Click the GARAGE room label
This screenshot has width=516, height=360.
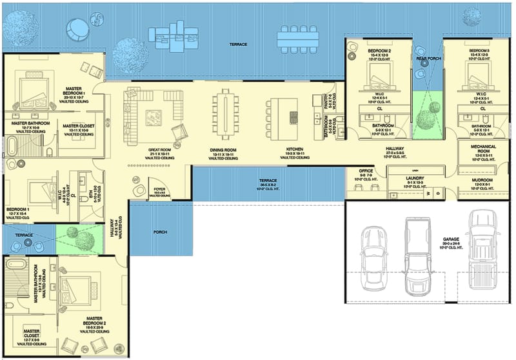(451, 239)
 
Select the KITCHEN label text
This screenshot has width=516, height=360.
(294, 150)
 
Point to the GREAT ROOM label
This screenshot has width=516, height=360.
(158, 150)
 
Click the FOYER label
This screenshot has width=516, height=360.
(159, 188)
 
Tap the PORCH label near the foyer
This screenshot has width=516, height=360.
(160, 232)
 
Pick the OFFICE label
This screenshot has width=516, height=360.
(366, 171)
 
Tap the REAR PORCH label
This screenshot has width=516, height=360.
(428, 58)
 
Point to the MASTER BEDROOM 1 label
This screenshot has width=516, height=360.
(79, 93)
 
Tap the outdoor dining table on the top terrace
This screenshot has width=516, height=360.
(297, 39)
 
